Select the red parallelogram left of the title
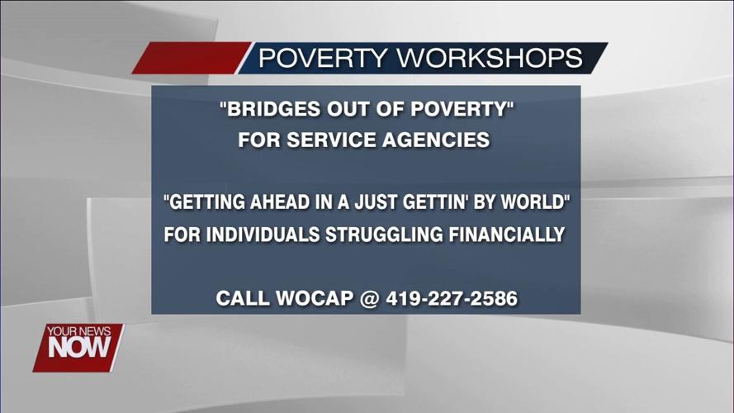pyautogui.click(x=190, y=59)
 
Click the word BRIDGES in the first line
pyautogui.click(x=266, y=109)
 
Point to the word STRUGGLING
pyautogui.click(x=383, y=235)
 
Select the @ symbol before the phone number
pyautogui.click(x=372, y=298)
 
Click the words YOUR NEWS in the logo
pyautogui.click(x=78, y=330)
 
